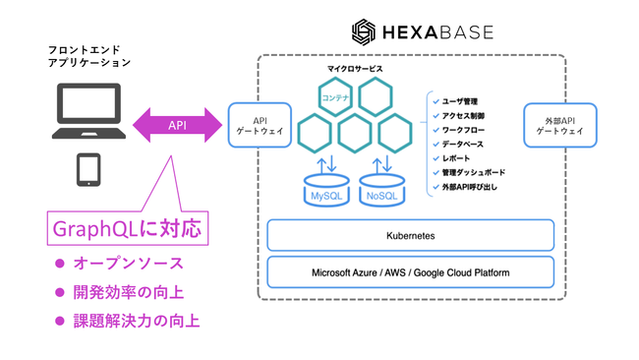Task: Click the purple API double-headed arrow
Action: [178, 125]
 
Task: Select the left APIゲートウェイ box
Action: [255, 125]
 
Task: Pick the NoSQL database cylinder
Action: [382, 189]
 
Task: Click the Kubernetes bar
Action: [411, 236]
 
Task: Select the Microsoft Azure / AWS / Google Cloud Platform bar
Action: [411, 271]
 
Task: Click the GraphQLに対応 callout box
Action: [125, 229]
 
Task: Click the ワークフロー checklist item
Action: [462, 129]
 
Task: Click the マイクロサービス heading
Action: [355, 69]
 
